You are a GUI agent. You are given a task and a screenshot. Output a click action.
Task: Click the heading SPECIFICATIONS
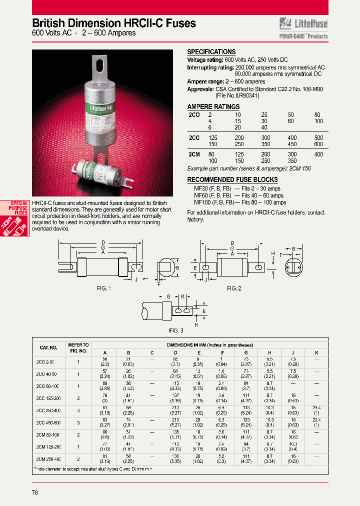tap(211, 52)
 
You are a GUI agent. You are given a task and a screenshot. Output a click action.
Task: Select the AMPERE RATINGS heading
tap(213, 106)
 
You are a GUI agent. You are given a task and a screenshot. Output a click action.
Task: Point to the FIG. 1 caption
tap(103, 288)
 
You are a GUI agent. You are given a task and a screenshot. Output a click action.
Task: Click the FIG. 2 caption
tap(234, 288)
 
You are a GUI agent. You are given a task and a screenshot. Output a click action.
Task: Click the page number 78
tap(34, 492)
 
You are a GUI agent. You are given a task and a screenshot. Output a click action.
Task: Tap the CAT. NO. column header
tap(48, 347)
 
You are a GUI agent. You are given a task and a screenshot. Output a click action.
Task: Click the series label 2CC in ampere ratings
tap(193, 137)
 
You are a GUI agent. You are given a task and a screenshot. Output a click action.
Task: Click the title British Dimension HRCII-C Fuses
tap(114, 23)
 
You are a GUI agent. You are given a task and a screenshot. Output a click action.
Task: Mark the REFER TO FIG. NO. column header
tap(78, 347)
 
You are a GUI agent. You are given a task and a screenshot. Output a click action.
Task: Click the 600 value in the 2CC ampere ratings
tap(318, 144)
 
